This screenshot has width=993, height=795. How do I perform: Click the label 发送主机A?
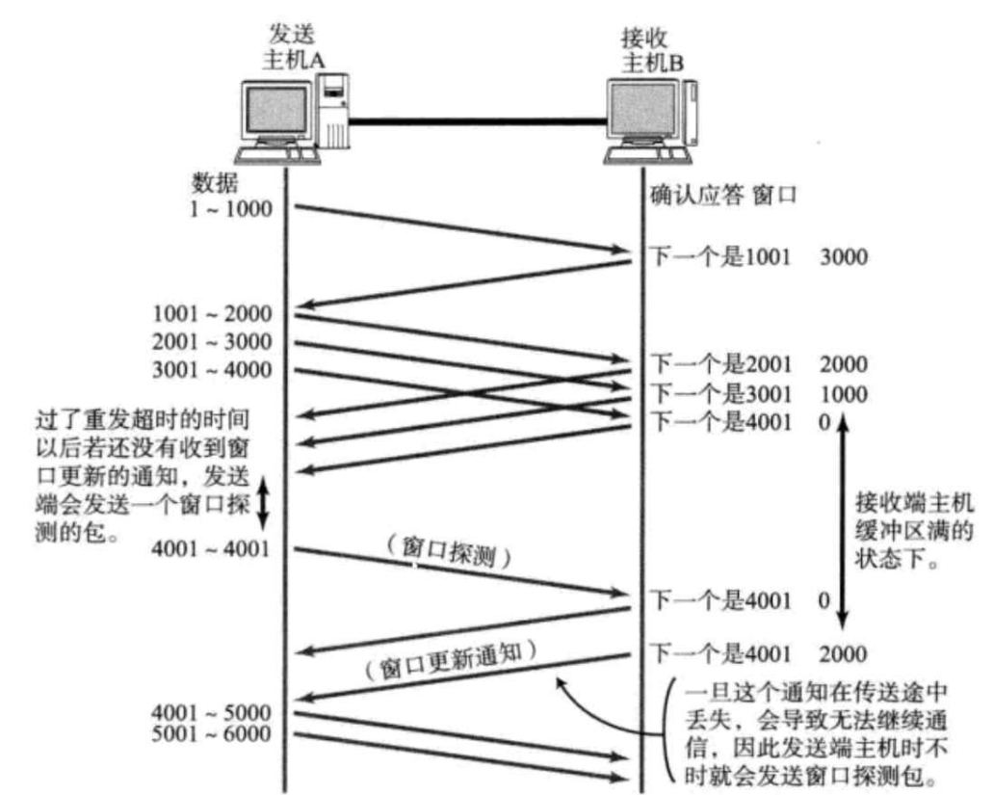(294, 46)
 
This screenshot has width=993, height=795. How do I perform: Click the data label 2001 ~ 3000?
(212, 342)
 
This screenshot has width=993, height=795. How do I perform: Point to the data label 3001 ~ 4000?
(212, 370)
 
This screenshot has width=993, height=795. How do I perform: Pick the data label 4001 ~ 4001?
(212, 550)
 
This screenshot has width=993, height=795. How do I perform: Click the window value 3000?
(844, 257)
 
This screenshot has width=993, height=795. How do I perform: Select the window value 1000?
(844, 393)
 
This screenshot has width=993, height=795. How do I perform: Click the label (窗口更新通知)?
(450, 660)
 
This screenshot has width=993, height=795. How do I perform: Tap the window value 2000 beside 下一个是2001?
(844, 364)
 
